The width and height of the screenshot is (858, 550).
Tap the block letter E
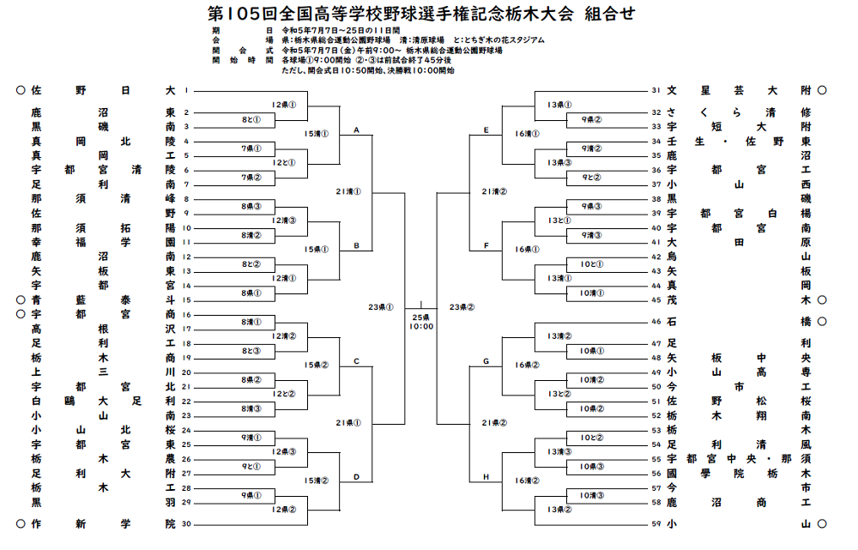click(486, 130)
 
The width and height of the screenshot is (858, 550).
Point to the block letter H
click(486, 476)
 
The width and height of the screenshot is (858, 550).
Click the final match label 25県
click(421, 317)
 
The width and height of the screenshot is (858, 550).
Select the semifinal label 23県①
click(380, 306)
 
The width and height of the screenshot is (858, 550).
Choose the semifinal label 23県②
click(462, 306)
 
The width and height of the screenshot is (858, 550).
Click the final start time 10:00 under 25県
click(421, 327)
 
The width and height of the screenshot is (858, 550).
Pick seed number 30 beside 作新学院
click(185, 523)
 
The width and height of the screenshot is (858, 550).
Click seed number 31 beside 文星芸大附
click(656, 90)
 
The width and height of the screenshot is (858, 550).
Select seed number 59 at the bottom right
click(656, 523)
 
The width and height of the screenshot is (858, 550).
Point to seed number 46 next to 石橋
click(656, 322)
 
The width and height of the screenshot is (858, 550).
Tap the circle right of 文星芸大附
click(822, 90)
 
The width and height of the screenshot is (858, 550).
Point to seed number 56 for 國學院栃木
click(656, 473)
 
